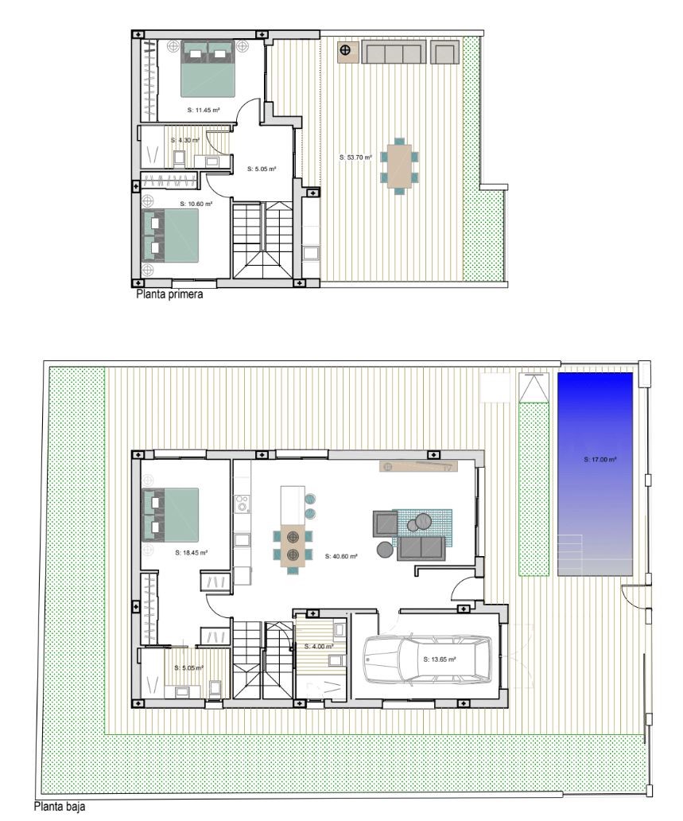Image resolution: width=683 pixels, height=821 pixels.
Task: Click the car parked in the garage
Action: coord(427,660)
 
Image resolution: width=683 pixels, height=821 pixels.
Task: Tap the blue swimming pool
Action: coord(595,474)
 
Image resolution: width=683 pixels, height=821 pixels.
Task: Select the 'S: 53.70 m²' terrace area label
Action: coord(355,157)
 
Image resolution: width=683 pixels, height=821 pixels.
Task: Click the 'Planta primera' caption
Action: coord(169,294)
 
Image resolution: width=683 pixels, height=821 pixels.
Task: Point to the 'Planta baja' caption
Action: coord(59,807)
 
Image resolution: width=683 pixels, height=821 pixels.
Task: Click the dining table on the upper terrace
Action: coord(399,166)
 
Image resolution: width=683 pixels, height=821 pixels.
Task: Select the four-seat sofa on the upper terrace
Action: coord(393,53)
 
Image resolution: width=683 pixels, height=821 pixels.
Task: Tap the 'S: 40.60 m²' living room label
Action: coord(341,557)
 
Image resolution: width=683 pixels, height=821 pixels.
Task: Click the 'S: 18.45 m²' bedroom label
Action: coord(191,552)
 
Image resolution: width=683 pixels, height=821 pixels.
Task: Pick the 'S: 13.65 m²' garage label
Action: coord(439,660)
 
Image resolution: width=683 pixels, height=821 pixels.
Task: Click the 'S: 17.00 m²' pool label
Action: coord(600,460)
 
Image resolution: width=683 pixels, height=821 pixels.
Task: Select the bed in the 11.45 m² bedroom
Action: coord(208,69)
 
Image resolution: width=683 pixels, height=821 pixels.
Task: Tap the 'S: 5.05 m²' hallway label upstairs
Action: coord(261,169)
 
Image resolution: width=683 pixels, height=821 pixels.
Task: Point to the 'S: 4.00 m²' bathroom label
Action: coord(319,647)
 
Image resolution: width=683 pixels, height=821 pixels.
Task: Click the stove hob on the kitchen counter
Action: coord(242,504)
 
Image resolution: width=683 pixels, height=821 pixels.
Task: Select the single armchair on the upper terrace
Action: coord(445,53)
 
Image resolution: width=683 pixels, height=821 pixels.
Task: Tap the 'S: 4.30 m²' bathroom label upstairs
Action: coord(185,140)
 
